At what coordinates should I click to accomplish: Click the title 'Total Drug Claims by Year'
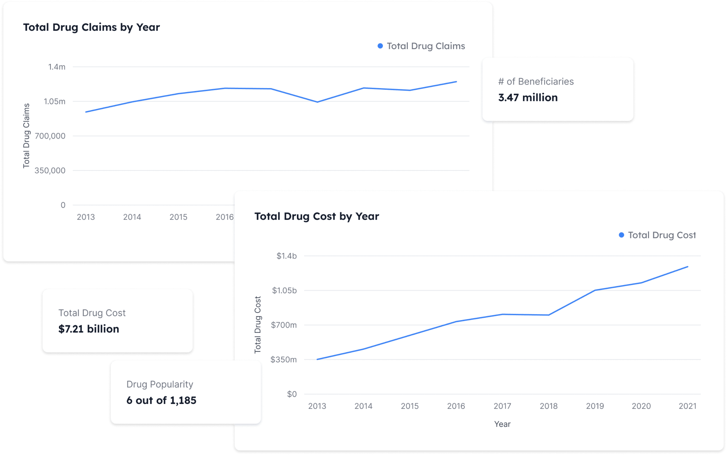pyautogui.click(x=91, y=27)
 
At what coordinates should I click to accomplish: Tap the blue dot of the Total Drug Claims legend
pyautogui.click(x=380, y=46)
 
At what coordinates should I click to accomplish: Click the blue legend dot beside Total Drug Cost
pyautogui.click(x=621, y=235)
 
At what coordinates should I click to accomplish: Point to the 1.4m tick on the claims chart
pyautogui.click(x=57, y=67)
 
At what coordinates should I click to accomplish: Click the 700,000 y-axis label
pyautogui.click(x=50, y=136)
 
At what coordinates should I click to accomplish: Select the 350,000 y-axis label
pyautogui.click(x=50, y=170)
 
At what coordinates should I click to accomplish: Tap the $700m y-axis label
pyautogui.click(x=284, y=325)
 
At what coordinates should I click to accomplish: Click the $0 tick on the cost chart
pyautogui.click(x=292, y=394)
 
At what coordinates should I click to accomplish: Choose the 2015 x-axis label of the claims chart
pyautogui.click(x=178, y=217)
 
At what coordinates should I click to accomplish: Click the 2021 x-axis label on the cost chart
pyautogui.click(x=688, y=406)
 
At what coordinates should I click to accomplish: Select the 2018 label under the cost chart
pyautogui.click(x=549, y=406)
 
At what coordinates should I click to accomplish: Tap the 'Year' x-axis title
pyautogui.click(x=502, y=424)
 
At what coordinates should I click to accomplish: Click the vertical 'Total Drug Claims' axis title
pyautogui.click(x=26, y=136)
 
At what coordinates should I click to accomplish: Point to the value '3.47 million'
pyautogui.click(x=528, y=98)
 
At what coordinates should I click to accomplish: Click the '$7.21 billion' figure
pyautogui.click(x=89, y=329)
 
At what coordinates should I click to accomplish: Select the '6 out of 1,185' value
pyautogui.click(x=161, y=401)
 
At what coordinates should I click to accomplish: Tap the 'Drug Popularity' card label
pyautogui.click(x=160, y=385)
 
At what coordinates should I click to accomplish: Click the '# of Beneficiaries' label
pyautogui.click(x=536, y=82)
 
